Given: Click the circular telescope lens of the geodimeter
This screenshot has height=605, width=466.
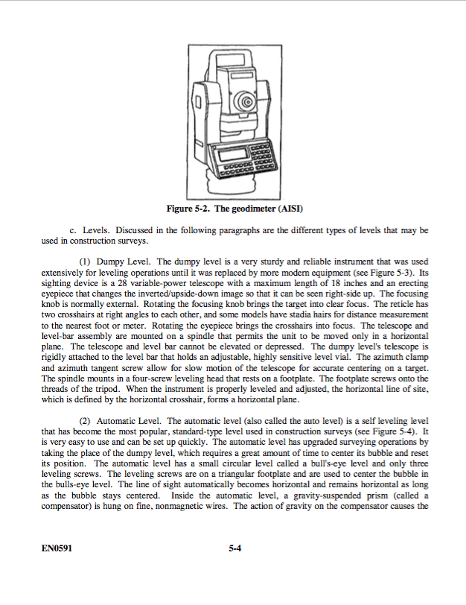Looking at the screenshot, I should (x=244, y=100).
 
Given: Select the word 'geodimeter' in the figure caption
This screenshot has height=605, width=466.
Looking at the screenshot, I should (x=254, y=208).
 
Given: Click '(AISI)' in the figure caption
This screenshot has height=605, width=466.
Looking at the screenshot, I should (x=291, y=208).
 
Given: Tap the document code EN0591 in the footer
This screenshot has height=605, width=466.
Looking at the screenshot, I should (x=57, y=551).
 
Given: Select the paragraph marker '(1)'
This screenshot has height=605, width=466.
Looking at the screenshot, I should (x=84, y=262).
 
